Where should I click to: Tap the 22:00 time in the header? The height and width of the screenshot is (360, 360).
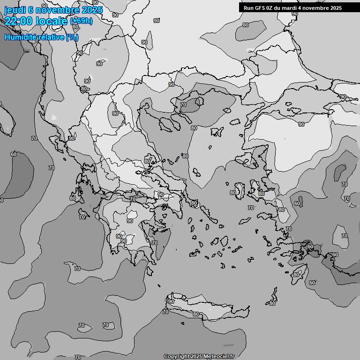pos(18,21)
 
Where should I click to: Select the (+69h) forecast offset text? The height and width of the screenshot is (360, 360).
pos(81,21)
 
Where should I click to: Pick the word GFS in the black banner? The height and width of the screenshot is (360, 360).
pos(259,8)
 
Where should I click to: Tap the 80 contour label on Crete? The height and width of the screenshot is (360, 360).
pos(196,314)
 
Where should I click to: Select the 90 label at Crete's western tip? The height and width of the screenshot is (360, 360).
pos(171,301)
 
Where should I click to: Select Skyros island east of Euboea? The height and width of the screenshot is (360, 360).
pos(194,202)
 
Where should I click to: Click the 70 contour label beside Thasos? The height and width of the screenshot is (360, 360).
pos(183,105)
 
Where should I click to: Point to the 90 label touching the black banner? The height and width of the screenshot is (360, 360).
pos(295,14)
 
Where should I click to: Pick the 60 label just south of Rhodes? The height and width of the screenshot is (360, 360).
pos(312,283)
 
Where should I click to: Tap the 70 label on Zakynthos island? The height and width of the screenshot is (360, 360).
pos(82,217)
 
